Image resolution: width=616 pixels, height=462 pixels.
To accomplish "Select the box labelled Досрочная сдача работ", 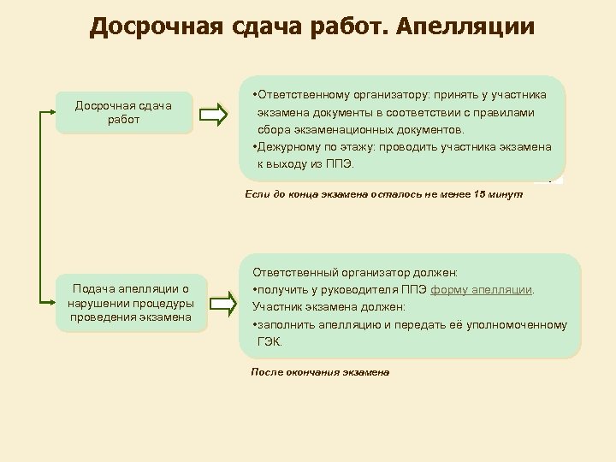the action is pos(124,112).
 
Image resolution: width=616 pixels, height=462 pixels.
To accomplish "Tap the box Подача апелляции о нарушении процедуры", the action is pos(132,303).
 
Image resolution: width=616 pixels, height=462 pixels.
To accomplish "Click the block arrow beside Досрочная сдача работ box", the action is pos(217,113).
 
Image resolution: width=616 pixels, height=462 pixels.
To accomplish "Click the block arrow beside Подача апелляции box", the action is pos(221,302).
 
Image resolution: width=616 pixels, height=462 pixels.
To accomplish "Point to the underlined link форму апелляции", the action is pos(483,289).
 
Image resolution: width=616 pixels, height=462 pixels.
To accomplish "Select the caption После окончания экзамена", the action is pos(320,373).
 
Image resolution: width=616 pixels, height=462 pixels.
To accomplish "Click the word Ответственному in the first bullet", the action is pos(301,93).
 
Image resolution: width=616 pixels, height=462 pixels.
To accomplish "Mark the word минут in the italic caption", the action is pos(506,195).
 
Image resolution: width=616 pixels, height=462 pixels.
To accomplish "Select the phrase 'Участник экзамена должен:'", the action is pos(329,306).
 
